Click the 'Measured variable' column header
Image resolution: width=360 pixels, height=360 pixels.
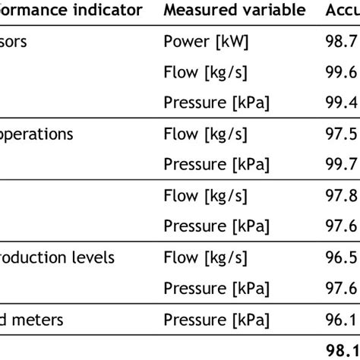click(234, 10)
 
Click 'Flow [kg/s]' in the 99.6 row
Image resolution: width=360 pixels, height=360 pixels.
click(205, 73)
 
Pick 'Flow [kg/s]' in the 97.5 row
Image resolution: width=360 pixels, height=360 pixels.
click(205, 134)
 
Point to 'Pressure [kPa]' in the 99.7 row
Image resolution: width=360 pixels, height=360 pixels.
click(216, 165)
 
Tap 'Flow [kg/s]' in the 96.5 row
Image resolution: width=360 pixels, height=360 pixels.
click(205, 257)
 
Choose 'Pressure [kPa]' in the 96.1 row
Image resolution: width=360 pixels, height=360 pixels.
click(216, 319)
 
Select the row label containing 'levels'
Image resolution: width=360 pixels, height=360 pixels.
click(57, 257)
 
